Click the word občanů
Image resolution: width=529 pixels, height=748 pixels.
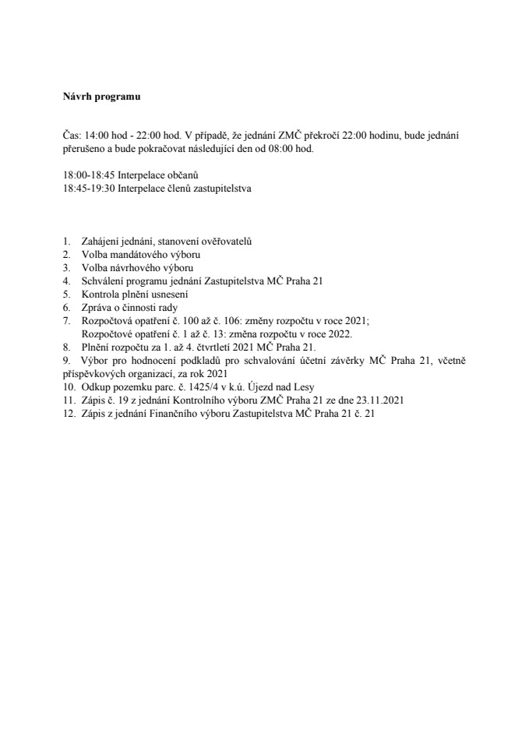183,176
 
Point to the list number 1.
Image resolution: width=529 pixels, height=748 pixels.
67,242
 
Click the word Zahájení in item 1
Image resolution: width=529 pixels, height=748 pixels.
100,242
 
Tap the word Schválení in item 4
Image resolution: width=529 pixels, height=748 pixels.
102,281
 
